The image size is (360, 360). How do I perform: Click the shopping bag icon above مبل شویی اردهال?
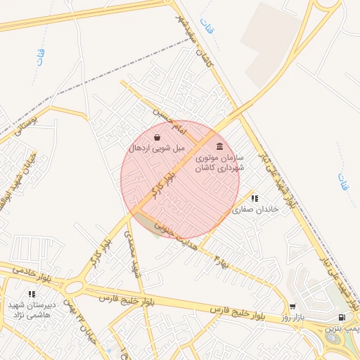pos(157,137)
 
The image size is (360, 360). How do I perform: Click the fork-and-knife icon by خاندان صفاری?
pos(255,199)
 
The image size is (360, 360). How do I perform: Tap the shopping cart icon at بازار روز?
pos(292,307)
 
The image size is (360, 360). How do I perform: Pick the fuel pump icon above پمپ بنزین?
pos(342,318)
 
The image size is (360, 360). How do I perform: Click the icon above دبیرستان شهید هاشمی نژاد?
pos(31,294)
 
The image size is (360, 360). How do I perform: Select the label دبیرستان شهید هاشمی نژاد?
pos(30,310)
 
